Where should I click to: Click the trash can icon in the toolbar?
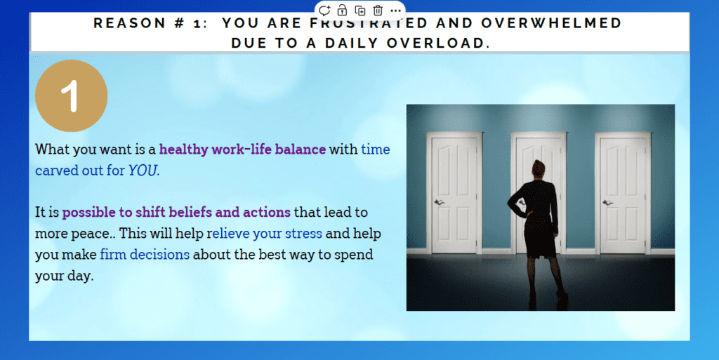(378, 10)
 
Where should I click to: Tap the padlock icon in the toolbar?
(342, 10)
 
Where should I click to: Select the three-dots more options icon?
(396, 11)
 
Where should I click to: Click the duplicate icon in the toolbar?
(360, 10)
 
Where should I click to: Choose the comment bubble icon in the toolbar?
(324, 10)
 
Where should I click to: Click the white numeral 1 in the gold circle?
(70, 95)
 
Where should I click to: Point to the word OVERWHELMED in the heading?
(551, 23)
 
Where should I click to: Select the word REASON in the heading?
(130, 23)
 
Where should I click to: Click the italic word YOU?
(143, 171)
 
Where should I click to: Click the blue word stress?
(303, 234)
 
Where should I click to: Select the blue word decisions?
(159, 254)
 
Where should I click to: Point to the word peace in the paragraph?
(92, 234)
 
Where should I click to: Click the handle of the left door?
(439, 202)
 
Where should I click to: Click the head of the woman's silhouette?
(539, 169)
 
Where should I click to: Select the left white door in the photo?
(454, 193)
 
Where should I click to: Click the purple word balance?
(301, 149)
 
